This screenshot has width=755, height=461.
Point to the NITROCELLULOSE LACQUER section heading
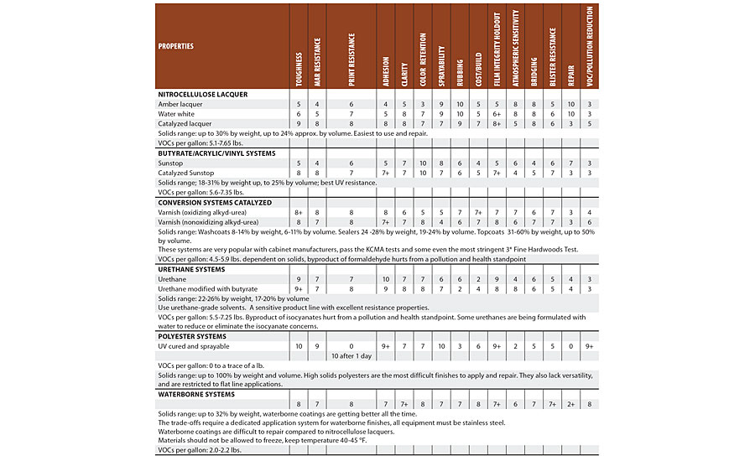click(x=202, y=95)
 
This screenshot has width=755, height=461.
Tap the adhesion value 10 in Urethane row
click(x=386, y=278)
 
